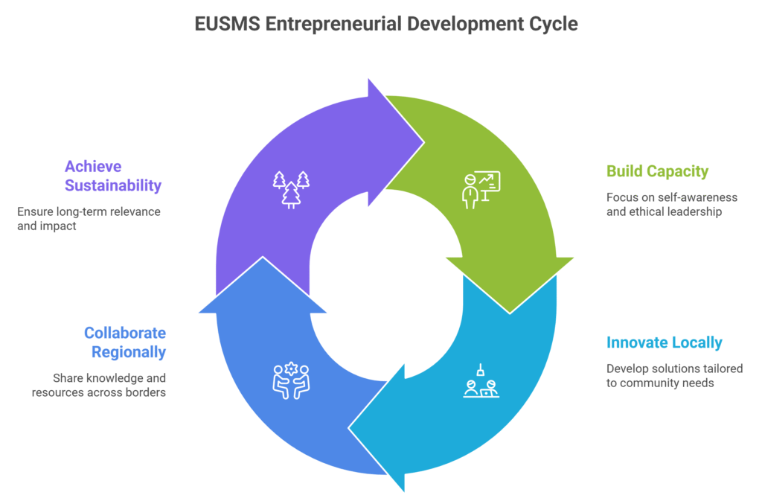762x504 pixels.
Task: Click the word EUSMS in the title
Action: (x=228, y=24)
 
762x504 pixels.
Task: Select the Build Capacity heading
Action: (x=658, y=171)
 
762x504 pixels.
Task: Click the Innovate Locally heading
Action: (x=665, y=342)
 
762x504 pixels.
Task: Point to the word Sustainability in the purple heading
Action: (x=113, y=185)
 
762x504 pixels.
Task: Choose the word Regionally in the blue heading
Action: (x=129, y=352)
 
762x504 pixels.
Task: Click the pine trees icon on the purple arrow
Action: (x=291, y=190)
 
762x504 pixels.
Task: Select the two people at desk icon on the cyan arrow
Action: (x=481, y=381)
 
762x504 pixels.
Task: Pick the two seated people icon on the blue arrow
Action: (x=291, y=381)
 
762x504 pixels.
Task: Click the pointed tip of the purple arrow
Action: (x=423, y=142)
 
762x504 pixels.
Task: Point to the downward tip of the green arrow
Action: (x=510, y=313)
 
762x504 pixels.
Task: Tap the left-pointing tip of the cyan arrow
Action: (x=349, y=428)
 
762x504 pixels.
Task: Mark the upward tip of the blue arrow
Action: (x=263, y=257)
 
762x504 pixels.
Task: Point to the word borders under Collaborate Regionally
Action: (x=145, y=392)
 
